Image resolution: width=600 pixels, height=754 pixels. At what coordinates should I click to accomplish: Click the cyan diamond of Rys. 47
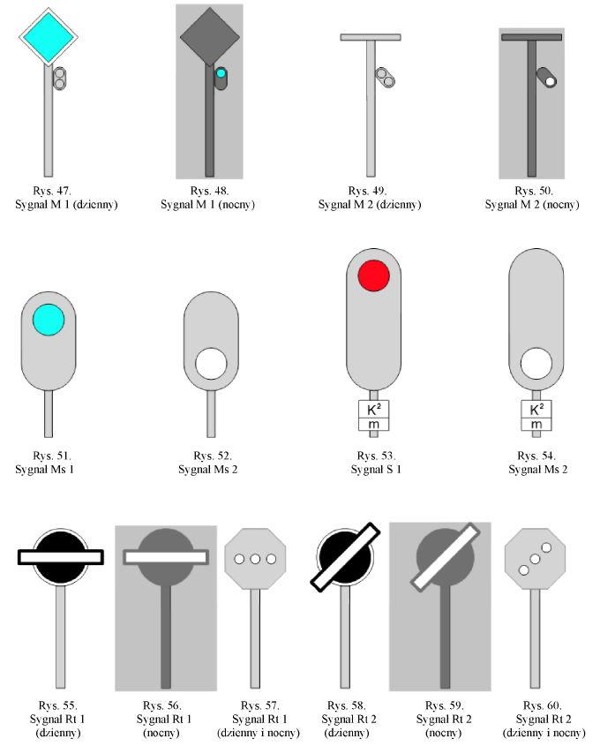coord(48,36)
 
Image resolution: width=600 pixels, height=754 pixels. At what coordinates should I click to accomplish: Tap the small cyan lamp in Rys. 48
coord(221,73)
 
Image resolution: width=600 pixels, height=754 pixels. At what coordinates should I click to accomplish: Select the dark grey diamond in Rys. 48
coord(209,36)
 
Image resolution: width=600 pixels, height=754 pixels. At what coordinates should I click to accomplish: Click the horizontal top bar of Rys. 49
coord(371,37)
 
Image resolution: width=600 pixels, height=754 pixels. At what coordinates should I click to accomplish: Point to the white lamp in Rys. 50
coord(551,81)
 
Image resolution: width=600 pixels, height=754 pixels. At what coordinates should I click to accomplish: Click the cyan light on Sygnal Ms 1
coord(49,320)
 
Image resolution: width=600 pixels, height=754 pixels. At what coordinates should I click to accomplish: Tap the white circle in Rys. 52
coord(211,364)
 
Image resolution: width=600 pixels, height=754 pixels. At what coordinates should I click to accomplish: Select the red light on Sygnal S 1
coord(374,275)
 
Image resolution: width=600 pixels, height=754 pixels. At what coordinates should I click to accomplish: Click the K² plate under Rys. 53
coord(374,410)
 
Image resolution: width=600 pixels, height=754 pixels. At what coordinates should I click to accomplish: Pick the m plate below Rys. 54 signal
coord(536,425)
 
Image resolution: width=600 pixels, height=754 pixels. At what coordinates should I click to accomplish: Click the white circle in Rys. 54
coord(536,364)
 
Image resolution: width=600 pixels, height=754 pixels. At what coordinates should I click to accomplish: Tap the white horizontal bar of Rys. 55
coord(61,557)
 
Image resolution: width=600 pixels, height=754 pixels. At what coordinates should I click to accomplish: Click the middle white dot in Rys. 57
coord(255,559)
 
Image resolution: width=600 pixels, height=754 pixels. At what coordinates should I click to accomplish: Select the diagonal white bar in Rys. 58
coord(345,557)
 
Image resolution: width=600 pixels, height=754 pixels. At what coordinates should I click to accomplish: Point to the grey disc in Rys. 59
coord(445,558)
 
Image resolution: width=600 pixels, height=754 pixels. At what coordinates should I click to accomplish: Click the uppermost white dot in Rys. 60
coord(546,547)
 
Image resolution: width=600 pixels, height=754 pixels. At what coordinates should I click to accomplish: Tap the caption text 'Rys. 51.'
coord(52,456)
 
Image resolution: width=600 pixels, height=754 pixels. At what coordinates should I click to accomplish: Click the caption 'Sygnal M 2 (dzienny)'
coord(370,204)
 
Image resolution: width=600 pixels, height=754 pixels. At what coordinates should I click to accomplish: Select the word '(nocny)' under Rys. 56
coord(161,733)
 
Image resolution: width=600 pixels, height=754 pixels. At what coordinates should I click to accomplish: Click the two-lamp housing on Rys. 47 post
coord(60,79)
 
